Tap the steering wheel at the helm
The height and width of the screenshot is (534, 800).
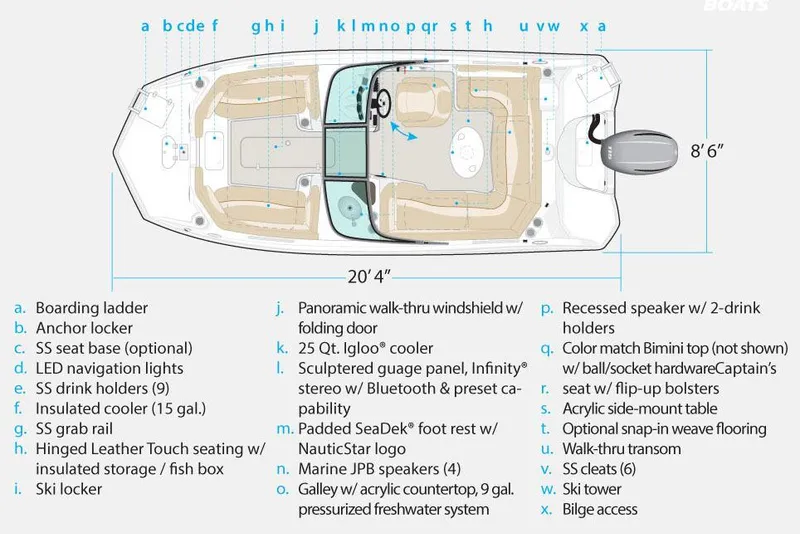[x=379, y=101]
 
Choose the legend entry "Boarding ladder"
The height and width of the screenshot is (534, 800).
[x=91, y=308]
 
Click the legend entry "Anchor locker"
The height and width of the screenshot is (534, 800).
[x=84, y=328]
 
